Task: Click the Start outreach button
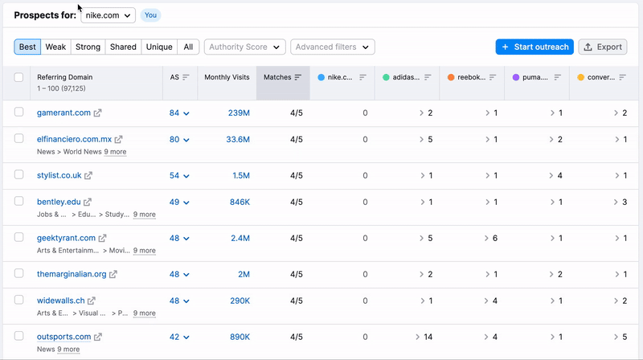(534, 47)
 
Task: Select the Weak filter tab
(55, 47)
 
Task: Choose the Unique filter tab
(159, 47)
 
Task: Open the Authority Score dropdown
(245, 47)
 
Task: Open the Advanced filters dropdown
(332, 47)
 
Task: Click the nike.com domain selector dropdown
(108, 15)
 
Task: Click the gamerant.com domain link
(63, 113)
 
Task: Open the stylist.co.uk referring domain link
(59, 175)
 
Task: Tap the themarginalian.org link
(72, 274)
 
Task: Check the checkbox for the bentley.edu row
(19, 202)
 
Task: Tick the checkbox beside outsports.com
(19, 337)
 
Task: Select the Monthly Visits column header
(227, 77)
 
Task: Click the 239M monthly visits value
(239, 113)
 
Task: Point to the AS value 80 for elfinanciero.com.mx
(174, 140)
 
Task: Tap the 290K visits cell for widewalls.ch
(240, 301)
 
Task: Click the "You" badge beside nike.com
(150, 15)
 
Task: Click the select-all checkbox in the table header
(19, 77)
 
